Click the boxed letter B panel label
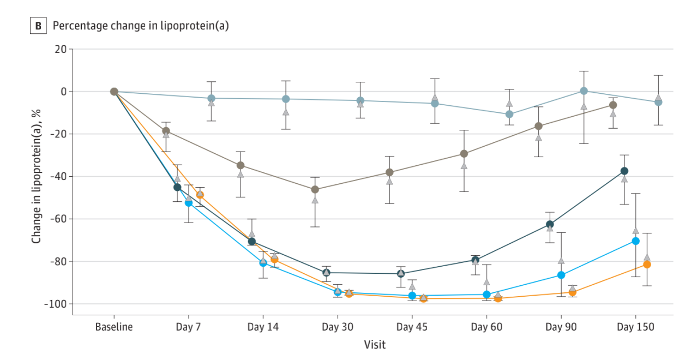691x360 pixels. click(38, 26)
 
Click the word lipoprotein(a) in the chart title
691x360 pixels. click(196, 26)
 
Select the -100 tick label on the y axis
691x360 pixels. click(55, 304)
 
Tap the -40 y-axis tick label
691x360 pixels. click(57, 176)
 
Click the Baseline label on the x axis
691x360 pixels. click(114, 327)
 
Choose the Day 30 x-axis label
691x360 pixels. click(338, 327)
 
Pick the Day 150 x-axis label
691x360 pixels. click(635, 327)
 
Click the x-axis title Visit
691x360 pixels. click(375, 345)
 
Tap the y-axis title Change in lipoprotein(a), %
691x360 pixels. click(37, 176)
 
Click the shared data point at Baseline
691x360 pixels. click(114, 92)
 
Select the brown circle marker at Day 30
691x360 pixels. click(315, 189)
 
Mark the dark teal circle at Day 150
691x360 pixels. click(624, 171)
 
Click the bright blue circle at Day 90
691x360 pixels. click(561, 275)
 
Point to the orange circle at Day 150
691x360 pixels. click(647, 264)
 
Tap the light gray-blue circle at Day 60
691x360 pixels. click(509, 114)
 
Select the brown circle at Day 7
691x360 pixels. click(166, 131)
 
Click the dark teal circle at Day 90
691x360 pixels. click(550, 224)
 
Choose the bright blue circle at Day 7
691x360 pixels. click(189, 203)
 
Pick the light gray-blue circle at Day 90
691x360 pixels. click(584, 91)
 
